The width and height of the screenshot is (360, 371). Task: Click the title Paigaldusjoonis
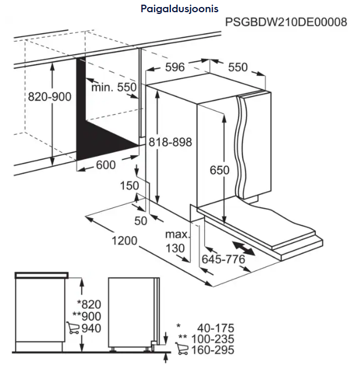[179, 9]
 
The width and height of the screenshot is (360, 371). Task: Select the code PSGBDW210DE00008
[286, 22]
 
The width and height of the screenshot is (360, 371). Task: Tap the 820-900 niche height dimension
[49, 97]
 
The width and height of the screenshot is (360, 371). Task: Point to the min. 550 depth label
[114, 87]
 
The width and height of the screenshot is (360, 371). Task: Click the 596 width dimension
[175, 67]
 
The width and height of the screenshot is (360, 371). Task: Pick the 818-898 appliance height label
[170, 142]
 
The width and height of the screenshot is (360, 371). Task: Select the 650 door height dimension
[219, 170]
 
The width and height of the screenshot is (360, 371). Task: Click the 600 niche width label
[106, 165]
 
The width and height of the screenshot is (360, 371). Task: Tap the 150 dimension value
[130, 185]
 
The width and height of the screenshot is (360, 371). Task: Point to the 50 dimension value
[141, 221]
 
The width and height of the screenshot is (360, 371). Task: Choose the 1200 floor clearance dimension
[124, 241]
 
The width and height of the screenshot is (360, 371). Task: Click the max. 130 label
[177, 241]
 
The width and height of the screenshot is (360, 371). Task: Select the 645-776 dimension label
[223, 259]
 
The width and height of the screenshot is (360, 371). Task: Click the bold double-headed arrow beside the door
[244, 248]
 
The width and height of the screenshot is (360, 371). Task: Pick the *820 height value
[89, 304]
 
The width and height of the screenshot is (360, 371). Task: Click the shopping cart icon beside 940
[73, 328]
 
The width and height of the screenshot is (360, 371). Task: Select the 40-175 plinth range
[216, 328]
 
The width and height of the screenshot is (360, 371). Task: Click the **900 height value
[87, 316]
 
